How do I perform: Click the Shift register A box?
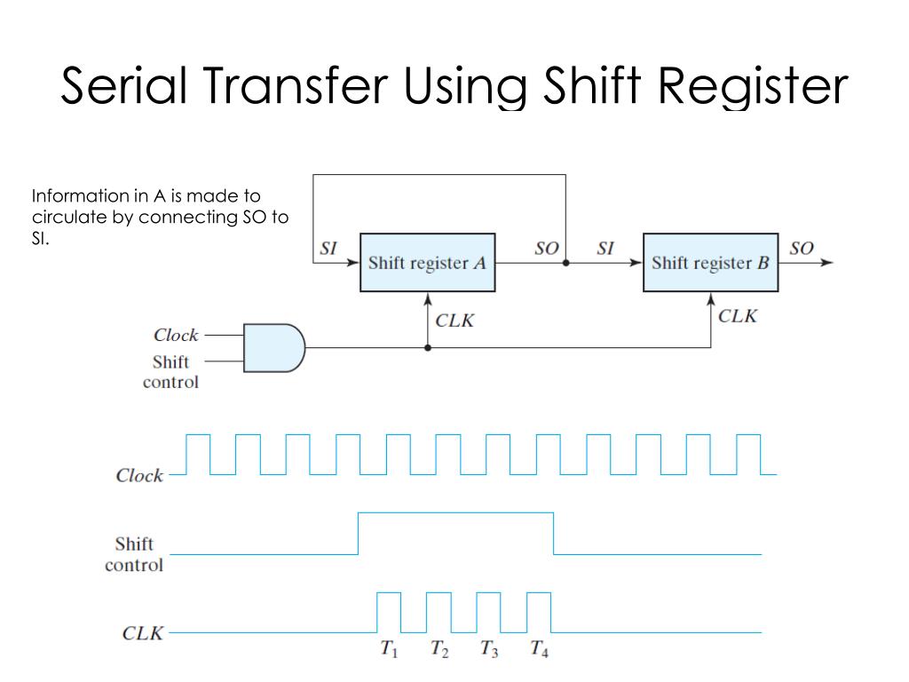[x=428, y=263]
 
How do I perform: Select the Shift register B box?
[x=711, y=263]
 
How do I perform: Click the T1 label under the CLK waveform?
[x=389, y=650]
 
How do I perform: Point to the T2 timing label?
[x=439, y=650]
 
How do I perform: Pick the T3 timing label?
[x=489, y=650]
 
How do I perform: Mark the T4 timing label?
[x=539, y=650]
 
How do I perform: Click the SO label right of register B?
[x=801, y=248]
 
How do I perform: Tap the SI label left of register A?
[x=328, y=248]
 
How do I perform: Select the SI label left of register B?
[x=605, y=248]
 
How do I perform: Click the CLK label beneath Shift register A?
[x=454, y=320]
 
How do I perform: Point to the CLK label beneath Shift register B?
[x=738, y=315]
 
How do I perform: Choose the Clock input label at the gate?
[x=176, y=335]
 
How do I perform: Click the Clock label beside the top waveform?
[x=139, y=475]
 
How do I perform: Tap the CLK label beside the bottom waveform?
[x=142, y=634]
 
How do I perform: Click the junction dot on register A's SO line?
[x=565, y=264]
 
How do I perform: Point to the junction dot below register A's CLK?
[x=428, y=348]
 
